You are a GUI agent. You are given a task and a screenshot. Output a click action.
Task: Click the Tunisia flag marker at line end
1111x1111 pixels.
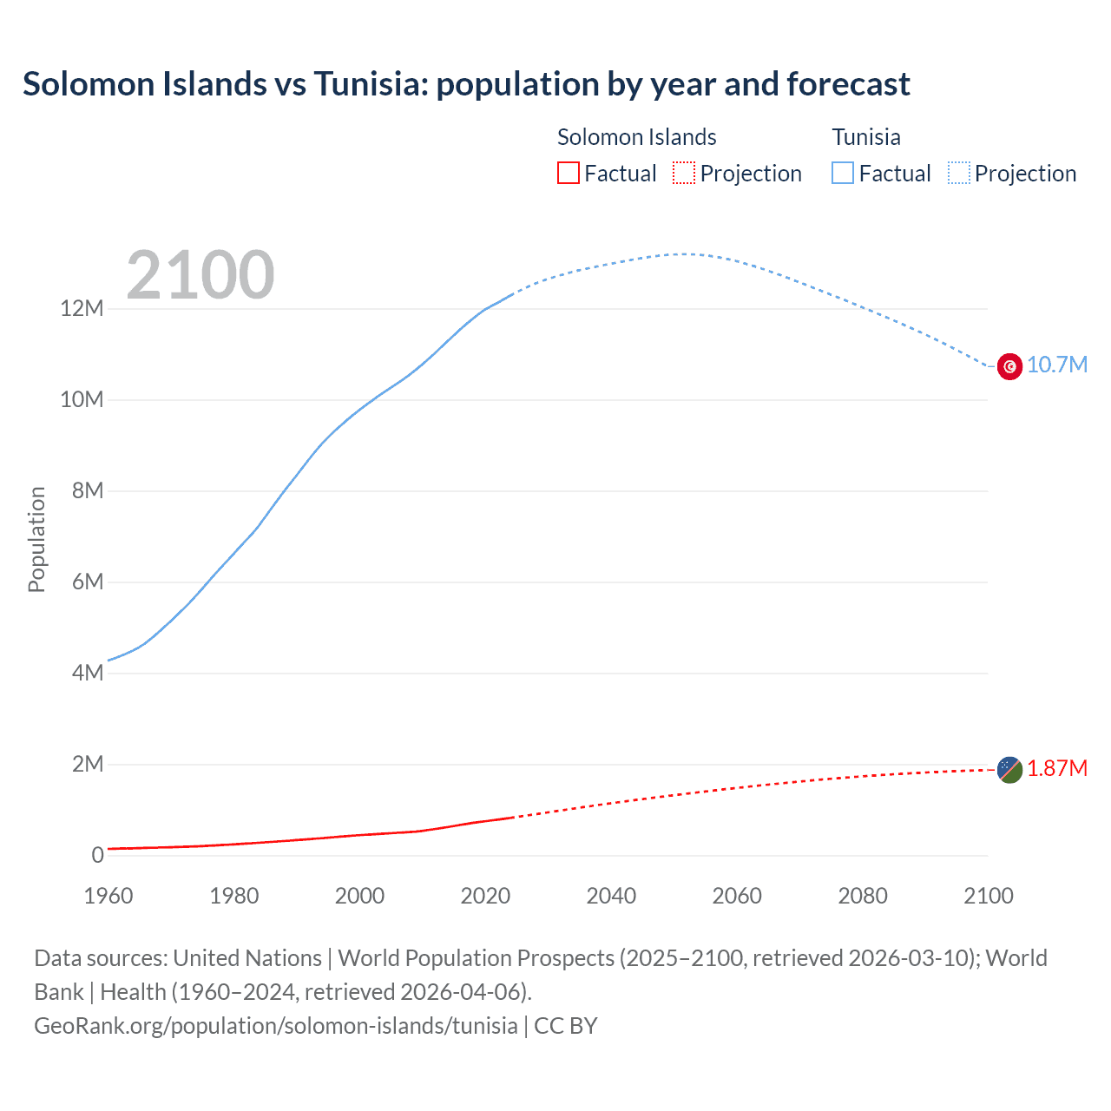point(1009,366)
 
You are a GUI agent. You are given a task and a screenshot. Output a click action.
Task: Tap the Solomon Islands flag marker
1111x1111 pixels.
point(1009,769)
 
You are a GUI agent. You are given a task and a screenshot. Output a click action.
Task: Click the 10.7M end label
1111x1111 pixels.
point(1057,365)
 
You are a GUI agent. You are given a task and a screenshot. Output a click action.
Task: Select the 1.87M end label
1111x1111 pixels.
point(1057,769)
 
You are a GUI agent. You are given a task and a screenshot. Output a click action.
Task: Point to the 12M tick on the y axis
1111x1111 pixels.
point(82,309)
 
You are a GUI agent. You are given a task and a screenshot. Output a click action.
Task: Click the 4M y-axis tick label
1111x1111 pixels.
point(87,674)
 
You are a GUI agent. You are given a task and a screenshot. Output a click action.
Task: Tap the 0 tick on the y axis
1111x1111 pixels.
point(97,856)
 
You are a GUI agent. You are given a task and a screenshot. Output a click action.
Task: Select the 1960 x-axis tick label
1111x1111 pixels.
point(108,896)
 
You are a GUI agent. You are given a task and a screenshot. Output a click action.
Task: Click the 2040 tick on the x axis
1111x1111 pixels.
point(611,896)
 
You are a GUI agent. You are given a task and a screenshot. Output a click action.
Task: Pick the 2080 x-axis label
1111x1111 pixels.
point(863,896)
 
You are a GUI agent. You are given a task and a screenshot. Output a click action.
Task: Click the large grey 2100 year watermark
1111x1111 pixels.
point(201,275)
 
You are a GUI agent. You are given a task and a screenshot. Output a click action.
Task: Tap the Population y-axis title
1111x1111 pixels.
point(36,539)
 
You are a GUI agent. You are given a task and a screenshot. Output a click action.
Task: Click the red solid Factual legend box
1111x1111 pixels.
point(568,173)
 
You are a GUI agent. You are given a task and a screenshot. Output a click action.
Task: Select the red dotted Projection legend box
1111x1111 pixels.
point(684,173)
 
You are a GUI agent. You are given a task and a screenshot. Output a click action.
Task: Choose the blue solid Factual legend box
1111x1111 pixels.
point(843,173)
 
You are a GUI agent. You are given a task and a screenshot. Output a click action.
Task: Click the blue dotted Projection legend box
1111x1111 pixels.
point(959,173)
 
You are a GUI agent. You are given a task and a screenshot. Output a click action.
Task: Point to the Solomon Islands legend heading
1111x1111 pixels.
point(636,137)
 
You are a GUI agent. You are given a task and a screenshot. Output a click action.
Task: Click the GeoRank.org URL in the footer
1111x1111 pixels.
point(276,1026)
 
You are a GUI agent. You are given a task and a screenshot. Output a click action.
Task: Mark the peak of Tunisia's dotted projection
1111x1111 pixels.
point(684,254)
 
